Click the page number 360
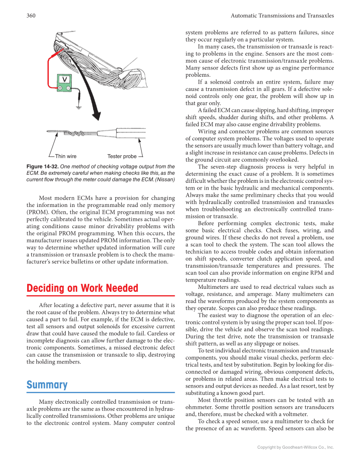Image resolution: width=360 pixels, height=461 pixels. (31, 16)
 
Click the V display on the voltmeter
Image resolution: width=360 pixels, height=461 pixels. (65, 80)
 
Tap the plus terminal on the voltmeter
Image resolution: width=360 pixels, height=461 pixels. (61, 88)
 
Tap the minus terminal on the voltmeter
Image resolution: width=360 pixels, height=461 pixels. (69, 88)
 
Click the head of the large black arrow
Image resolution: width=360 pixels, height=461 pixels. (97, 115)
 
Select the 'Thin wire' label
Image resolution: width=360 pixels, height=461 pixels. (66, 156)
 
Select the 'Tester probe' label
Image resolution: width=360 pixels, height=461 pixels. (122, 156)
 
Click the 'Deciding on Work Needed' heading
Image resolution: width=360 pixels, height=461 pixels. (82, 288)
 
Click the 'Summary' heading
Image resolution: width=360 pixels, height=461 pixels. (47, 385)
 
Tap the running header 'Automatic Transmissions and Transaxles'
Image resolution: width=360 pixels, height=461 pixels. (282, 16)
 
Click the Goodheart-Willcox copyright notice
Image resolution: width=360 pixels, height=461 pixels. (296, 447)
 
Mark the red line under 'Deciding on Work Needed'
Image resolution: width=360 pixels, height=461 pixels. (100, 296)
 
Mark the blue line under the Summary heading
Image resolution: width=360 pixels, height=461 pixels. (100, 392)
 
